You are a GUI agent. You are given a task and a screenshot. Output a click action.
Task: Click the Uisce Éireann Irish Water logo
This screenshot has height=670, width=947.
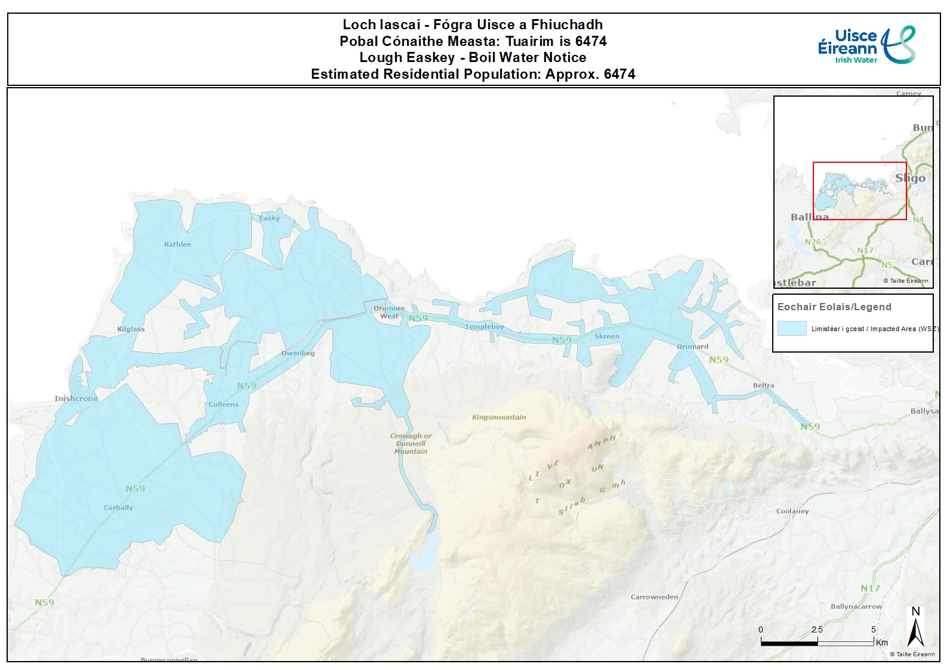(x=866, y=45)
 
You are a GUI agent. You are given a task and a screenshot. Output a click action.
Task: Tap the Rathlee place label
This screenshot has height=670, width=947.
(x=178, y=244)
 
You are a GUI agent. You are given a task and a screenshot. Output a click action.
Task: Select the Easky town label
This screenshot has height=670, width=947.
(x=269, y=218)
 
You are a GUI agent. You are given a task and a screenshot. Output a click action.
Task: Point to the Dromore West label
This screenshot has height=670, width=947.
(x=389, y=312)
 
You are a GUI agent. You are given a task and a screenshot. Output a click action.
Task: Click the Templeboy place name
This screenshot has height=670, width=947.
(x=485, y=326)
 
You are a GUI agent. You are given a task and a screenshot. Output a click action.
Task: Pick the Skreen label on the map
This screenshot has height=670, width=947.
(x=607, y=336)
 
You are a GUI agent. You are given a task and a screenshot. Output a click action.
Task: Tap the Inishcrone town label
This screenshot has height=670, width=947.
(x=76, y=399)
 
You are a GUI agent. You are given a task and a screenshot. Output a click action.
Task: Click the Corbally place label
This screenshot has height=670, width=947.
(x=118, y=507)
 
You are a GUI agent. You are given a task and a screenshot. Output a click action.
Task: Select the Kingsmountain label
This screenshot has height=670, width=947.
(x=499, y=417)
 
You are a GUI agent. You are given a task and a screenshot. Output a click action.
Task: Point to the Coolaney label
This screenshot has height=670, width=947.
(x=792, y=511)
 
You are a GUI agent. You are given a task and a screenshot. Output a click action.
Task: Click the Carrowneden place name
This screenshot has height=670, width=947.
(x=655, y=597)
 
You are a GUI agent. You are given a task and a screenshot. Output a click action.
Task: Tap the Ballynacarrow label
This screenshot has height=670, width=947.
(x=856, y=606)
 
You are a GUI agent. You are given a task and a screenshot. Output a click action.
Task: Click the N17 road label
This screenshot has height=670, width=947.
(x=870, y=588)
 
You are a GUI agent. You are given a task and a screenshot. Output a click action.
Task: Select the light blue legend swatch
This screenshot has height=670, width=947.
(x=792, y=329)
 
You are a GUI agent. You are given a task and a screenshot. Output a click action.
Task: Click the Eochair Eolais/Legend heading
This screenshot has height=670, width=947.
(x=834, y=307)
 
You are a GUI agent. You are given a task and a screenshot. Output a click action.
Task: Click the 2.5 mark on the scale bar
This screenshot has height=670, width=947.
(x=817, y=630)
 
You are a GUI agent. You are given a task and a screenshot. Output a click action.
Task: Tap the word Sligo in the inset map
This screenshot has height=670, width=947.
(x=910, y=178)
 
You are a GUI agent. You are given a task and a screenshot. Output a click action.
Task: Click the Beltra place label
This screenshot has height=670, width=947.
(x=763, y=385)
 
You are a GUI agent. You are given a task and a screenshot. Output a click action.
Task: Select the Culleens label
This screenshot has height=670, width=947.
(x=223, y=404)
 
